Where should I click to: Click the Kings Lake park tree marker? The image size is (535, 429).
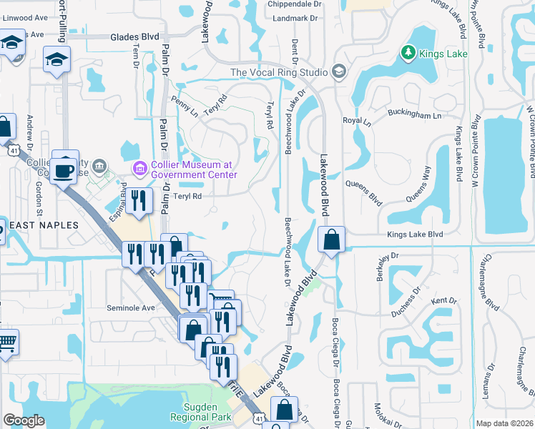point(408,52)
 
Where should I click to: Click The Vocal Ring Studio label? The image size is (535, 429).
point(279,72)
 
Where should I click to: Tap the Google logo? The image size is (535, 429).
point(24,420)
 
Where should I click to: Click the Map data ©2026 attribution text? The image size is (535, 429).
point(504,423)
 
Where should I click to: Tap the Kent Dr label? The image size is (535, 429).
point(443,300)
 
